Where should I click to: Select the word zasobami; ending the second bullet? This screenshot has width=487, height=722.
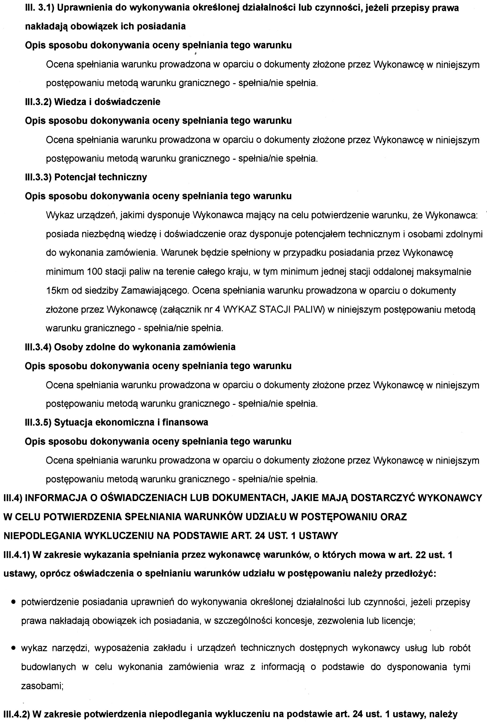42,686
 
